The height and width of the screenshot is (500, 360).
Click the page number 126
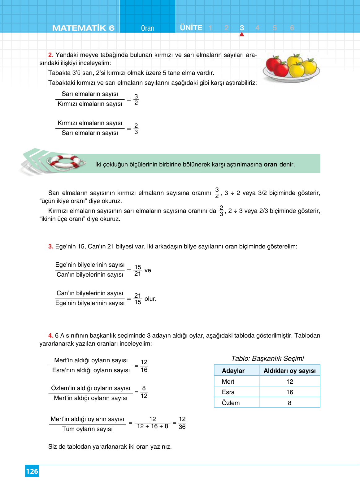[x=32, y=471]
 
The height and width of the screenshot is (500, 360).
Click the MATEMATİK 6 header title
[x=83, y=28]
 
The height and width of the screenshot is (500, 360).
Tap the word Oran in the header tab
[x=147, y=28]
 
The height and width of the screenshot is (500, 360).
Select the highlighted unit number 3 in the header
[x=242, y=28]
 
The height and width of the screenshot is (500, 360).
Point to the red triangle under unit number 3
[x=242, y=34]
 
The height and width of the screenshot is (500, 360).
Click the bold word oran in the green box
[x=270, y=165]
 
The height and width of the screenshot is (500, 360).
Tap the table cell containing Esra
[x=228, y=392]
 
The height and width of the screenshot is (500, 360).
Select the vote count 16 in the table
[x=289, y=392]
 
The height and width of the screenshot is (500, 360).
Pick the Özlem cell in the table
[x=231, y=403]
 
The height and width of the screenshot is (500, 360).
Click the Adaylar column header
[x=233, y=371]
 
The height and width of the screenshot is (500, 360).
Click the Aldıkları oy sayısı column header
[x=289, y=371]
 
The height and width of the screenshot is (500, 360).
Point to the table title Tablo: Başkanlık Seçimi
[x=267, y=358]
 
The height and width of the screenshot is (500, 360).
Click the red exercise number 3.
[x=51, y=247]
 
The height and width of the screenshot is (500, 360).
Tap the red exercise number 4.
[x=51, y=336]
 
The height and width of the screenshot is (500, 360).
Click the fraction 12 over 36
[x=182, y=423]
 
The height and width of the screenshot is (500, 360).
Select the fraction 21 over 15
[x=138, y=299]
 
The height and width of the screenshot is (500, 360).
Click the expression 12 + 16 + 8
[x=153, y=426]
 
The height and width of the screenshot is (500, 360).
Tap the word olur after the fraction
[x=150, y=299]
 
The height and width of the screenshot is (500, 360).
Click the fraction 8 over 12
[x=144, y=392]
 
